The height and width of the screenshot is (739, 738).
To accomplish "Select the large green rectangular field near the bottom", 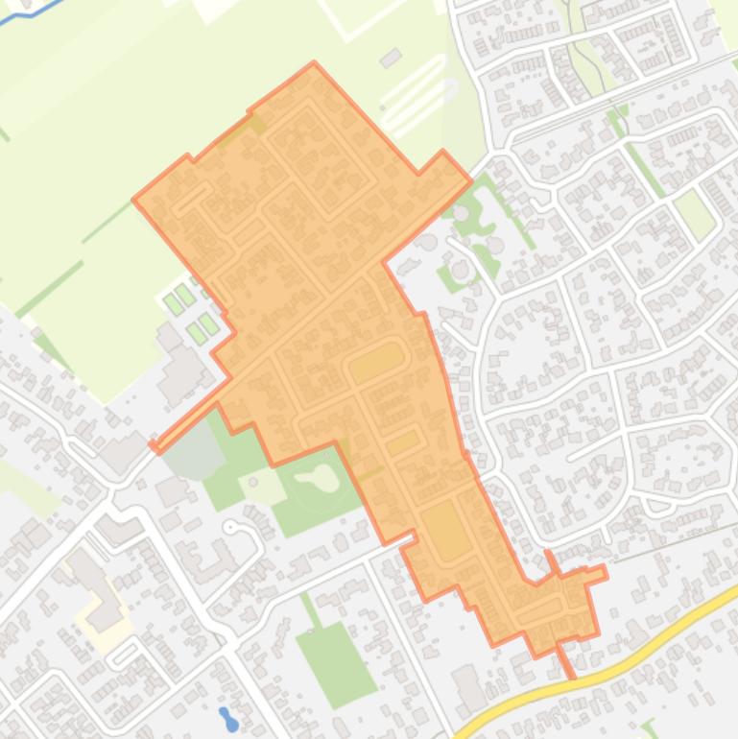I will (336, 663).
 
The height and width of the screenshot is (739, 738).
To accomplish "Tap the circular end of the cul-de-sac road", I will (230, 527).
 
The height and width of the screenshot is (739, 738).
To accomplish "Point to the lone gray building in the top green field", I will (390, 60).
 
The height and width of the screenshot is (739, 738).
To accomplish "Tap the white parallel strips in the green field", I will (413, 91).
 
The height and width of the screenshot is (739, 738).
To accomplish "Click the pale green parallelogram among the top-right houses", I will (695, 213).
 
